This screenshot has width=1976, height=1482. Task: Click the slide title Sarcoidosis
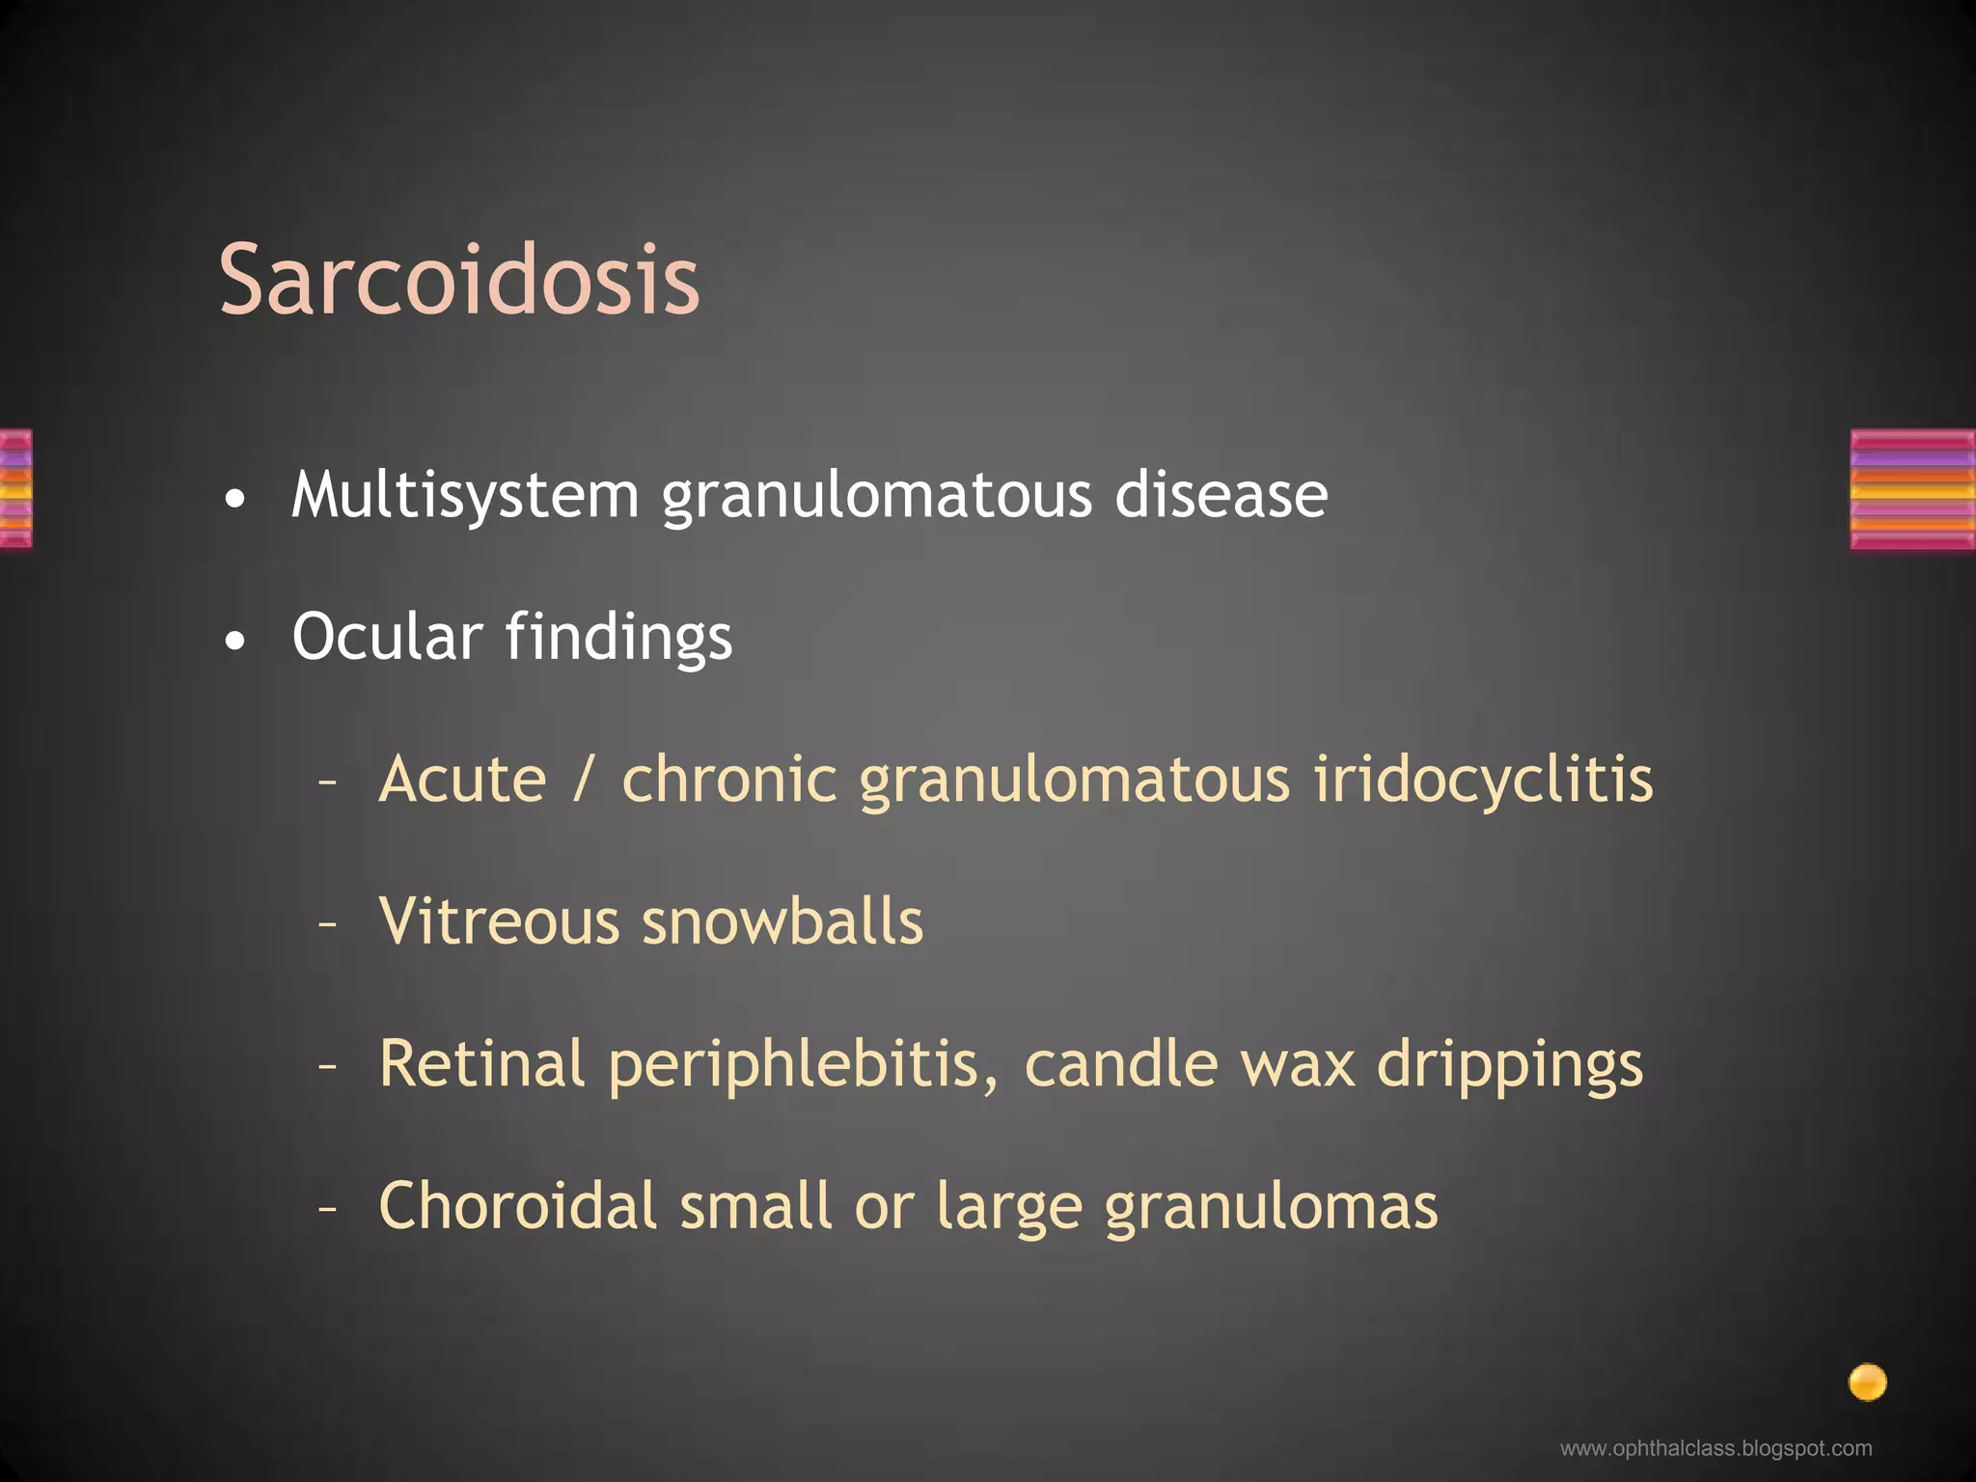click(459, 280)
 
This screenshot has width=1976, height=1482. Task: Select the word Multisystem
click(465, 496)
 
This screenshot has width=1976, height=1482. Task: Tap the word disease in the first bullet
click(1221, 496)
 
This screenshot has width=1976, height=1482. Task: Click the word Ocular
click(387, 637)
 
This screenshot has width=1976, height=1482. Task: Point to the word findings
click(618, 639)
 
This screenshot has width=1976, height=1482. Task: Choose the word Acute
click(462, 780)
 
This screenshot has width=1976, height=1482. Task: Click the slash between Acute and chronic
click(581, 780)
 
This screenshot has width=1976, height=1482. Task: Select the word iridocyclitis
click(1483, 780)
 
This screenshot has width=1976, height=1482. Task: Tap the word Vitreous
click(498, 921)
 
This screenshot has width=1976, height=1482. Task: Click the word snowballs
click(782, 921)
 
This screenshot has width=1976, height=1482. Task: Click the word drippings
click(1509, 1065)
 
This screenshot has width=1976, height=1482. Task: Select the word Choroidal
click(517, 1206)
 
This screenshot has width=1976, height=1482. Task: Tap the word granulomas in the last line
click(1271, 1208)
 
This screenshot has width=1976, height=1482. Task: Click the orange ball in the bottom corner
click(1867, 1382)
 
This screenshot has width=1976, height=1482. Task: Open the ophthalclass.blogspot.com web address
click(1715, 1448)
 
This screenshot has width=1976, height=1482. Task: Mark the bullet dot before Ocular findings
click(234, 641)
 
